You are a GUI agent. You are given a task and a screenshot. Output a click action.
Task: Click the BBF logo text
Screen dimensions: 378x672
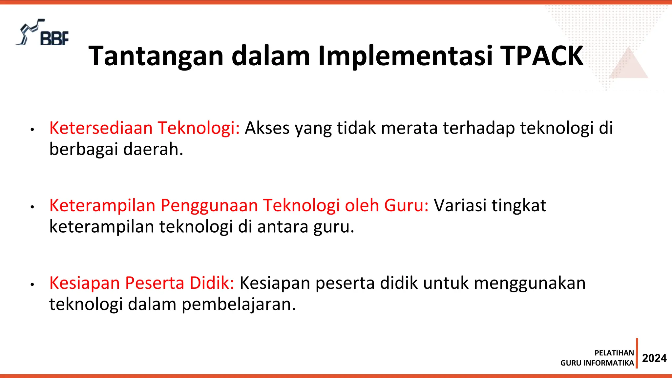54,38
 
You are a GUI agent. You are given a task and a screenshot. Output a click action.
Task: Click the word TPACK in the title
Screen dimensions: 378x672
541,56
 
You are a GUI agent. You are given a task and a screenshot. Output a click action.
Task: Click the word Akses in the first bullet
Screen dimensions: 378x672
267,128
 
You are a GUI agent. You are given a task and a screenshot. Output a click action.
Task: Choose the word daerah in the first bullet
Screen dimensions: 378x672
153,149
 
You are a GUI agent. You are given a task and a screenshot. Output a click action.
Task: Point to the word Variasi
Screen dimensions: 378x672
460,205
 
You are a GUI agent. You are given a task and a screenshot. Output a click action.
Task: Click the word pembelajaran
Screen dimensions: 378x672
239,304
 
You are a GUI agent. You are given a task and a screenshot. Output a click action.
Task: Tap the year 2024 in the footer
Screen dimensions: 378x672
654,358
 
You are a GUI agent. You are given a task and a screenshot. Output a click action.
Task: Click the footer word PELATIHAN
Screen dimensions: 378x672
614,353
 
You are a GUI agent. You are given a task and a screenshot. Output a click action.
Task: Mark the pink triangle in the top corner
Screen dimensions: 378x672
628,65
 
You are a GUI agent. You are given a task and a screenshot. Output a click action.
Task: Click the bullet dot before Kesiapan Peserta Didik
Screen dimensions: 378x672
32,284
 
